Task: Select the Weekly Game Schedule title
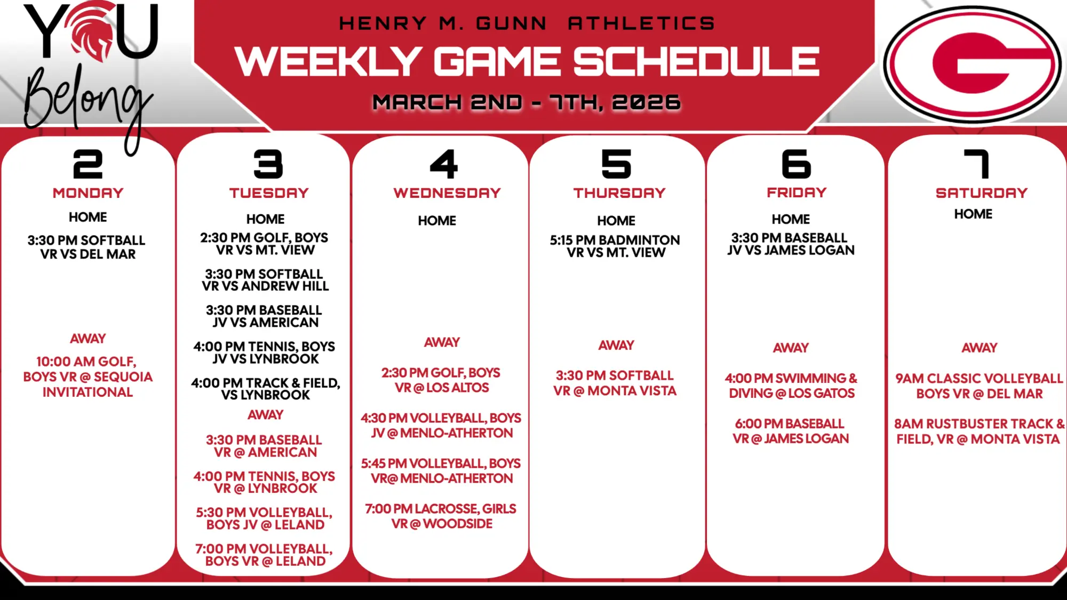[527, 61]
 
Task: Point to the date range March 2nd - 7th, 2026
[527, 102]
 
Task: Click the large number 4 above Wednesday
[444, 164]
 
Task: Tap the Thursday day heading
[619, 193]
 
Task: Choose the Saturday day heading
[982, 193]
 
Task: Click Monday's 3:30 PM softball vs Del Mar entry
[87, 247]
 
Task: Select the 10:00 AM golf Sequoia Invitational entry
[88, 377]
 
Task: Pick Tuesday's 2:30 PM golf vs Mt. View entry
[265, 244]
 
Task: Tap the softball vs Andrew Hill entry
[265, 280]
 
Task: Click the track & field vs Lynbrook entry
[265, 389]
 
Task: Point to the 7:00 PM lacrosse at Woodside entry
[441, 516]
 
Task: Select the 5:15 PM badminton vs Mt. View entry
[615, 246]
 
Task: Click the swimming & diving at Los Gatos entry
[791, 386]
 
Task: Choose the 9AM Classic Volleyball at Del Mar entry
[980, 386]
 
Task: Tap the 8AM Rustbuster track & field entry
[979, 431]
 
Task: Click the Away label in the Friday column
[791, 348]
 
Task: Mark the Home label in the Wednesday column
[437, 220]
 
